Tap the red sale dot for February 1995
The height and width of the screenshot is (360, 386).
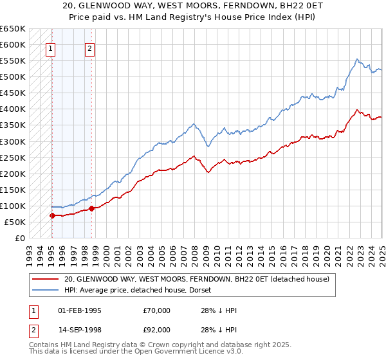[51, 215]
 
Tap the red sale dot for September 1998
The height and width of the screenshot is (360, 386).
[92, 208]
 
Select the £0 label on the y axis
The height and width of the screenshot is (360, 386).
[19, 238]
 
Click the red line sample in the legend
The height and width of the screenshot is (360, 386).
[45, 279]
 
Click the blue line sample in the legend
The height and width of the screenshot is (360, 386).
[45, 290]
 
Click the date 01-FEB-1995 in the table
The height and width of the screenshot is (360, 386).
[80, 310]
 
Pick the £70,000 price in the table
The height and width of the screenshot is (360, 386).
[157, 310]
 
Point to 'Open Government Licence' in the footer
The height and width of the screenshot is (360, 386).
[167, 352]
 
